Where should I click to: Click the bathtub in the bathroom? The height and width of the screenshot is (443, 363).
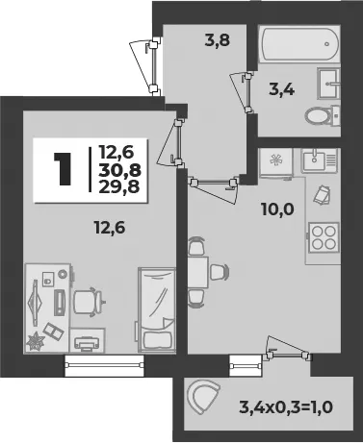click(x=299, y=44)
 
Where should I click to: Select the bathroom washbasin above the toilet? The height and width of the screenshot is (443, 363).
click(x=328, y=84)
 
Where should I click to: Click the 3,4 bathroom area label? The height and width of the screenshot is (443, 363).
click(x=281, y=89)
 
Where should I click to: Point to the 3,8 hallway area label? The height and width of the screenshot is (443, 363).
click(x=218, y=40)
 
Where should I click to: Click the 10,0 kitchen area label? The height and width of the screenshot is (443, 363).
click(x=277, y=209)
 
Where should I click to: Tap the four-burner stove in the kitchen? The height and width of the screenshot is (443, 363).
click(x=324, y=237)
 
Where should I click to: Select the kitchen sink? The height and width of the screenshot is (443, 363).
click(x=319, y=160)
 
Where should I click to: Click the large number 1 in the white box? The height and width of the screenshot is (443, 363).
click(x=64, y=169)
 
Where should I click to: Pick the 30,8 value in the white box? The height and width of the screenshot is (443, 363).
click(x=119, y=170)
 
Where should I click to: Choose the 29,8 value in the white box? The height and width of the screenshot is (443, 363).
click(x=119, y=186)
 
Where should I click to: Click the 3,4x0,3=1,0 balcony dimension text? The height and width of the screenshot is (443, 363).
click(x=286, y=407)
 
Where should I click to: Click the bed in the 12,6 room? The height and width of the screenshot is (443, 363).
click(x=157, y=310)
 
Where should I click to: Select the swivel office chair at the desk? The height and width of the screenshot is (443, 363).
click(x=89, y=302)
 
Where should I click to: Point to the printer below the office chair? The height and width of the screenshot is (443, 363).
click(x=86, y=343)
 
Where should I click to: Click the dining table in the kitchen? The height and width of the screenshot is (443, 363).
click(x=198, y=272)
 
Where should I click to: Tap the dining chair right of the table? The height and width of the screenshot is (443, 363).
click(x=220, y=272)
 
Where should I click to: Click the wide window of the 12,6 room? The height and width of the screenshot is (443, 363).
click(x=104, y=365)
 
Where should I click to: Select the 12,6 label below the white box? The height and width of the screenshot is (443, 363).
click(x=110, y=228)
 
